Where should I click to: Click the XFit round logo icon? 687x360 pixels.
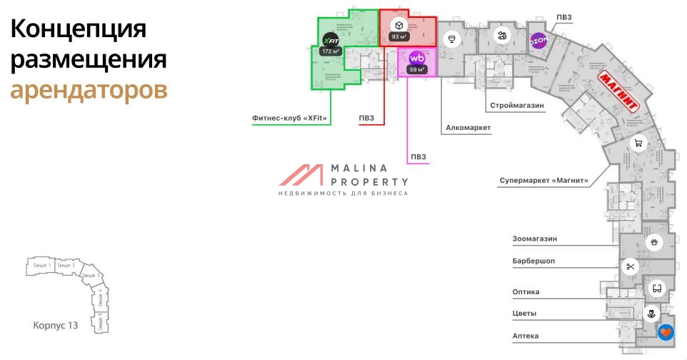pos(330,40)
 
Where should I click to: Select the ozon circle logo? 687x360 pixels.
pos(538,42)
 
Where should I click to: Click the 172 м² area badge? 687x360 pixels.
pos(330,52)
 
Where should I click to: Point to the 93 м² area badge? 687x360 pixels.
pos(399,36)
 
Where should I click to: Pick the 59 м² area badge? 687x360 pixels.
pos(417,70)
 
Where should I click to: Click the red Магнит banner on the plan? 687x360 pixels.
pos(618,90)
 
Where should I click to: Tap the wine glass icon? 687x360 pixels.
pos(451,39)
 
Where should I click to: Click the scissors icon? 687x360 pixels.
pos(630,268)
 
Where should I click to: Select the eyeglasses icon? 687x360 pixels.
pos(657,288)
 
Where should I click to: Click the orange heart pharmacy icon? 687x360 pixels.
pos(666,332)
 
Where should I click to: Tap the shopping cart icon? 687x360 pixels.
pos(639,143)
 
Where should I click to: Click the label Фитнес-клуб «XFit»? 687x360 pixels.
pos(289,118)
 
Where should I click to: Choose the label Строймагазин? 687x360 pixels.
pos(517,105)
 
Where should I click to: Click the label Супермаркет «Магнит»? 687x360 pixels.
pos(543,181)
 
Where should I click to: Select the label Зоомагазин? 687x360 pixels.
pos(534,238)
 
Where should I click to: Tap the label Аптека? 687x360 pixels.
pos(525,335)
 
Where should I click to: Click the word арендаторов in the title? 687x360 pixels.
pos(89,90)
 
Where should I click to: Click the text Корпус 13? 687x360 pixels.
pos(55,326)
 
